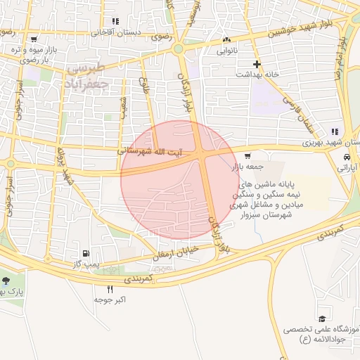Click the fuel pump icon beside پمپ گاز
tap(85, 253)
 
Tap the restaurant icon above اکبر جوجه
tap(110, 289)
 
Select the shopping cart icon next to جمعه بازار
tap(247, 156)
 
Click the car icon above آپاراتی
tap(347, 157)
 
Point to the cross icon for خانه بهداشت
tap(257, 64)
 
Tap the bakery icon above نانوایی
tap(226, 40)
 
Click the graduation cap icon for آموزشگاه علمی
tap(321, 319)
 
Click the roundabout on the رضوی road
tap(179, 49)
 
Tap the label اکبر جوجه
tap(111, 300)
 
